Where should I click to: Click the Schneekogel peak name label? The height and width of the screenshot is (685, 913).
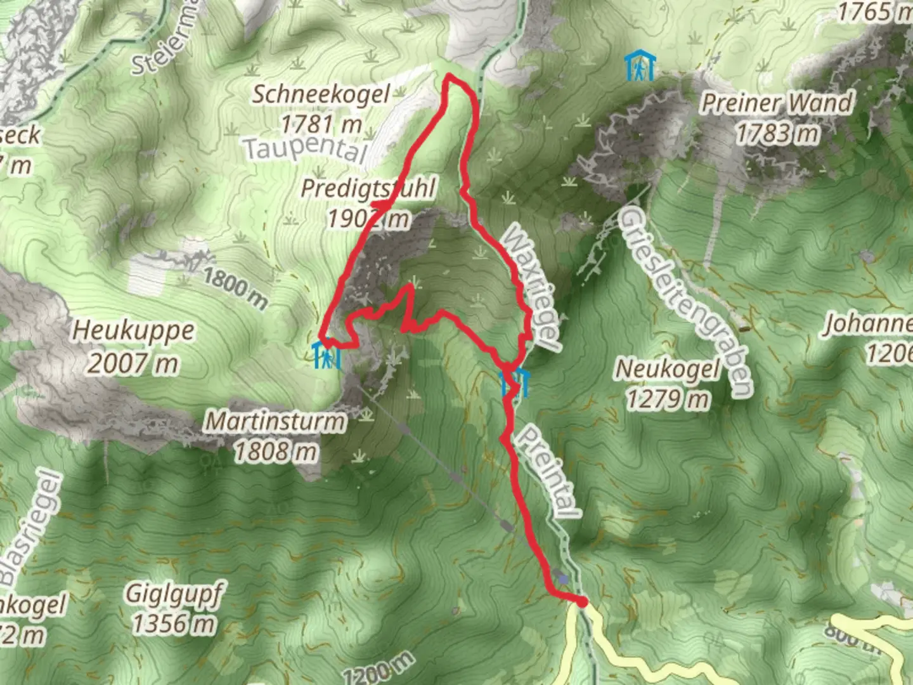[321, 95]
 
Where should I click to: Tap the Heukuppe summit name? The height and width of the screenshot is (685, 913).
[133, 330]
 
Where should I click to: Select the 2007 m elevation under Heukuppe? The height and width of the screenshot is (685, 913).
[133, 363]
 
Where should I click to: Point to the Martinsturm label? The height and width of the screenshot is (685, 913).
[276, 421]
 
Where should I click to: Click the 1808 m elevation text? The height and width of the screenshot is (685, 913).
[276, 452]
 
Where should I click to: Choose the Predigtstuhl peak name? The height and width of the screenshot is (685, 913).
[368, 188]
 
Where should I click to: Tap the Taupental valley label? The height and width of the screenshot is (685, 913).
[306, 149]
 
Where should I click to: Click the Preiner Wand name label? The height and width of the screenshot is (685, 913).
[777, 103]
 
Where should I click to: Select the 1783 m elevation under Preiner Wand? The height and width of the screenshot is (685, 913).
[777, 133]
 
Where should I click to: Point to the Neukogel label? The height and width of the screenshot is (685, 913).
[668, 369]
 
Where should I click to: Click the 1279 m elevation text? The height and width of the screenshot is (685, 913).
[668, 400]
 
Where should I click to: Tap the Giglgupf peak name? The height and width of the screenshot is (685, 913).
[174, 594]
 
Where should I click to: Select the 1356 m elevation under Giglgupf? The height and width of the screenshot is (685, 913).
[174, 625]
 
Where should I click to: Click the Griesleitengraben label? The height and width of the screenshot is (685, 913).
[685, 303]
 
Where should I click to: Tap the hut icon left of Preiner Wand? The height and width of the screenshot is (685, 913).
[640, 67]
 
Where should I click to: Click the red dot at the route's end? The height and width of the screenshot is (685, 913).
[581, 601]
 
